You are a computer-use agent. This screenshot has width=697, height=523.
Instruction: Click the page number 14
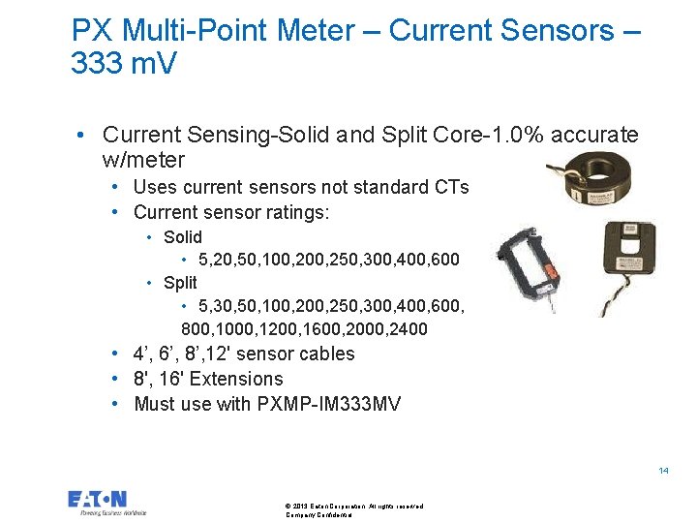[663, 471]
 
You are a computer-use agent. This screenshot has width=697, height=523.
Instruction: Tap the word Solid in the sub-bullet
[183, 237]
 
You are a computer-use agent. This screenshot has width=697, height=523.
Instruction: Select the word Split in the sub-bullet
[180, 283]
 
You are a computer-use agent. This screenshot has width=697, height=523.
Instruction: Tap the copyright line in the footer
[354, 506]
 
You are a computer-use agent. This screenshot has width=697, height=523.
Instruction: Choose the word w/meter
[142, 159]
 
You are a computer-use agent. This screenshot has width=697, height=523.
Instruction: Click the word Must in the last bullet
[156, 404]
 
